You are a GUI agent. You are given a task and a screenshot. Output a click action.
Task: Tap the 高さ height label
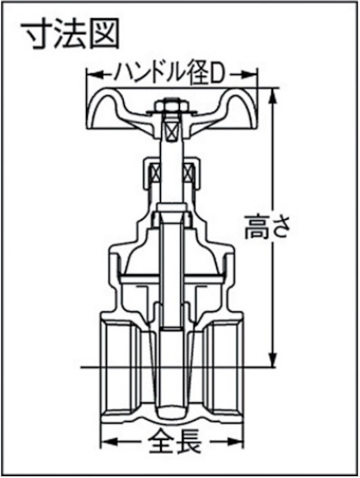coord(267,228)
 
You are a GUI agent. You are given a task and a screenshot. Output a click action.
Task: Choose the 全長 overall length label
coord(172,444)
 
